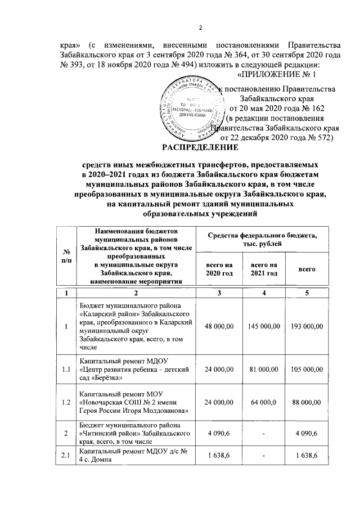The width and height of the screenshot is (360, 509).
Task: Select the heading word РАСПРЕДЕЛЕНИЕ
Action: pyautogui.click(x=200, y=148)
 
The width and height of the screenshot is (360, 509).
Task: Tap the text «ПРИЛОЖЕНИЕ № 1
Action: pyautogui.click(x=277, y=74)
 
